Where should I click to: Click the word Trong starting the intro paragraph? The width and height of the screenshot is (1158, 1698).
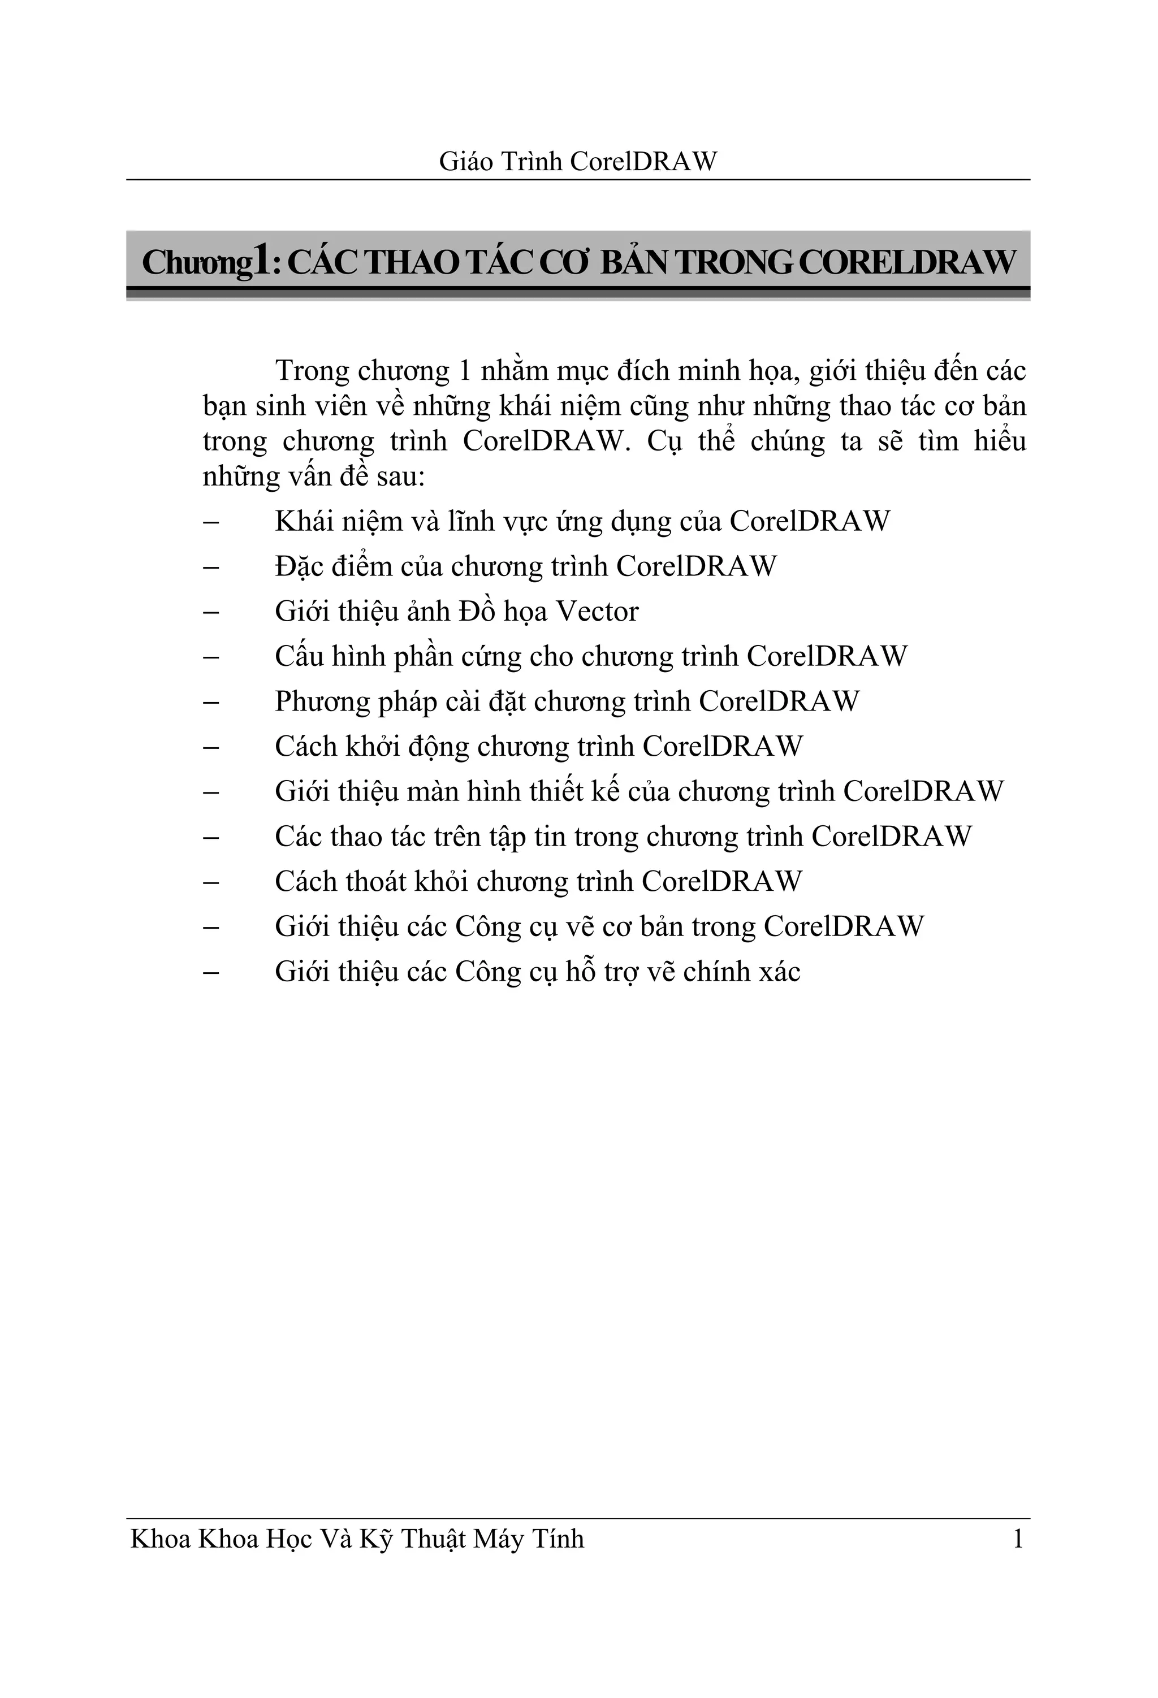312,372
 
